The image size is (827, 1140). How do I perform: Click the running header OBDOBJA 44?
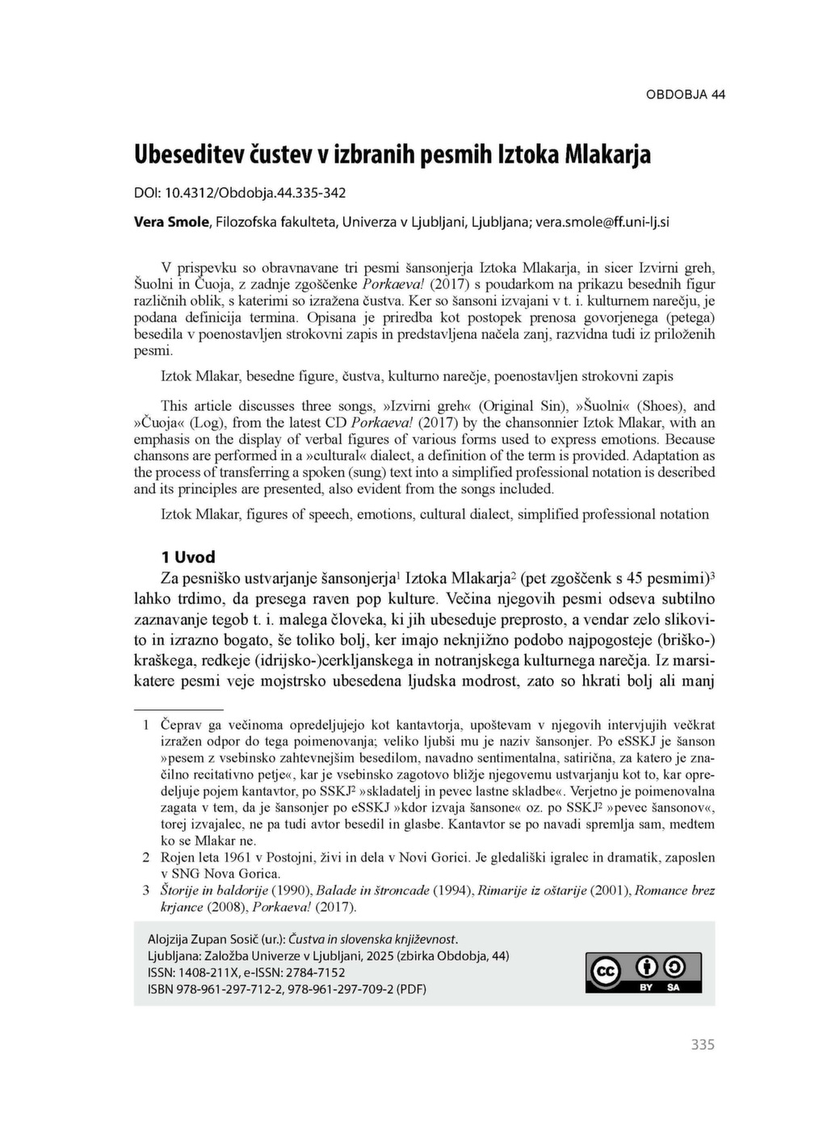point(685,94)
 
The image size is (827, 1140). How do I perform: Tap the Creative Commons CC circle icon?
point(606,972)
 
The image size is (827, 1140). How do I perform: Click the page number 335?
point(703,1045)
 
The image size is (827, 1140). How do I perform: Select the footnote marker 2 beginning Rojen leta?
point(146,857)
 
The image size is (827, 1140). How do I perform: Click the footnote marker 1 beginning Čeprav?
point(146,725)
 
